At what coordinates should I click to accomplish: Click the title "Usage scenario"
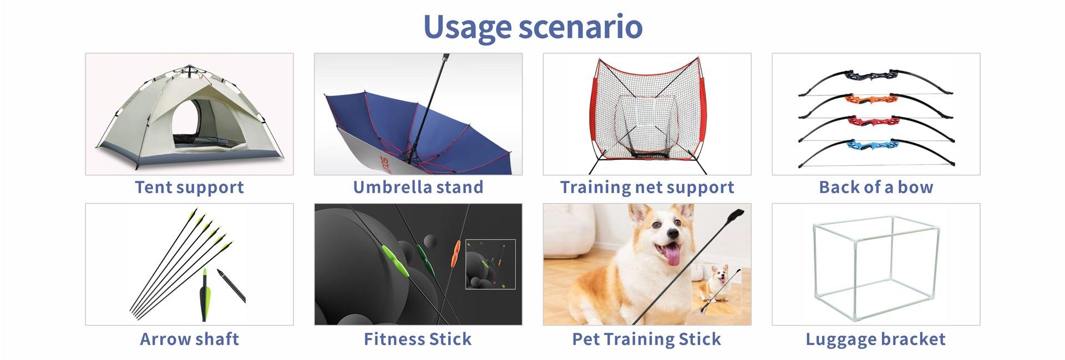[x=532, y=27]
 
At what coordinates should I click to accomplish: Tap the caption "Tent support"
[x=189, y=187]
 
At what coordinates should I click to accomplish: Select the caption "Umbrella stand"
[x=418, y=187]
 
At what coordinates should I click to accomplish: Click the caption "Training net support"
[x=647, y=187]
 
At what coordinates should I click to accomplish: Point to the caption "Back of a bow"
[x=876, y=187]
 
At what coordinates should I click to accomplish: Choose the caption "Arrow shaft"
[x=189, y=339]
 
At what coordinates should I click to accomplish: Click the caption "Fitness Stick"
[x=418, y=339]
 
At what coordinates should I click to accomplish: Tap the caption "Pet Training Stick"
[x=647, y=339]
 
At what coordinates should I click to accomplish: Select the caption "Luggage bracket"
[x=875, y=339]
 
